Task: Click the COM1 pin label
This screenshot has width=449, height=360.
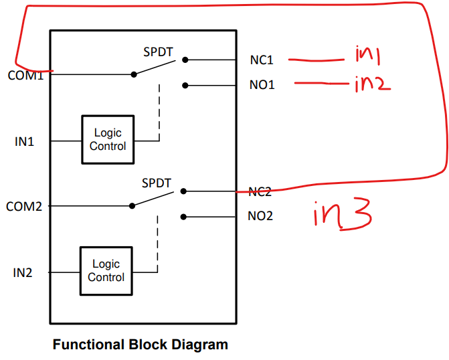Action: tap(25, 76)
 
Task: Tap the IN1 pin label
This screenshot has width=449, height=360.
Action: tap(24, 142)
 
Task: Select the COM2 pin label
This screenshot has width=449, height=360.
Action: tap(24, 207)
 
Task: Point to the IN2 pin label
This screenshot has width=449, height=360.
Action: tap(23, 273)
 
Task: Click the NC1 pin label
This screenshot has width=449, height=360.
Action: tap(262, 60)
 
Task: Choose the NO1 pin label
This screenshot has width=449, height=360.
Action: tap(262, 85)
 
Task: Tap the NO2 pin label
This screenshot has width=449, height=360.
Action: tap(260, 216)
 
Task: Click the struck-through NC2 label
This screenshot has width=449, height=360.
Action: tap(260, 191)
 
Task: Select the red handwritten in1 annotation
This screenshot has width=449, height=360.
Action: tap(368, 56)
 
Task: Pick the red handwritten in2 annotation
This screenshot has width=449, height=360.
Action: tap(373, 84)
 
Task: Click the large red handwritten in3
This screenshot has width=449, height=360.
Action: tap(343, 215)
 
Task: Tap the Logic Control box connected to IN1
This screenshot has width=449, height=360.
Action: tap(108, 139)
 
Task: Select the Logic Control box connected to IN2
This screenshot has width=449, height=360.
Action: tap(106, 270)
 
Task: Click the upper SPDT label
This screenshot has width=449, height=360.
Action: tap(158, 52)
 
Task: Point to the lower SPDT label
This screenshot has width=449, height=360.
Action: tap(157, 183)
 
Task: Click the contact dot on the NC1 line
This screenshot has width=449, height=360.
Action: tap(185, 60)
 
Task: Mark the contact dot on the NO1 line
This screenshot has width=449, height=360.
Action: tap(185, 86)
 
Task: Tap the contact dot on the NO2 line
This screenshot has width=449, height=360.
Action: tap(183, 217)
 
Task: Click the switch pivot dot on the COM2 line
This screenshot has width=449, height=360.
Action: tap(132, 206)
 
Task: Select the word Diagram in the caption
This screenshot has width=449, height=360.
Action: tap(199, 345)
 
